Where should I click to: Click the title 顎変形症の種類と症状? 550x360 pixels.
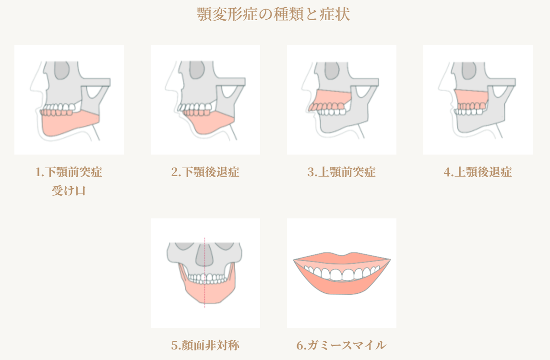coord(274,14)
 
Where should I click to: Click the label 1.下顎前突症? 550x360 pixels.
coord(69,172)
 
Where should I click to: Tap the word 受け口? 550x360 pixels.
coord(69,191)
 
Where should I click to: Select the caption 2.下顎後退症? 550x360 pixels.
coord(205,172)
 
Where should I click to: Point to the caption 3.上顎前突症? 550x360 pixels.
coord(341,172)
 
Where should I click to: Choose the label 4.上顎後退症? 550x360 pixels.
coord(478,172)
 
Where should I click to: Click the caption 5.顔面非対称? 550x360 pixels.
coord(205,345)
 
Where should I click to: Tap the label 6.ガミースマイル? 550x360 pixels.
coord(341,345)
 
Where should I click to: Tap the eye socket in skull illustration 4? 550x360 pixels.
coord(469,70)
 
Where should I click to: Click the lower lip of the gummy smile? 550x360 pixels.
coord(342,287)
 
